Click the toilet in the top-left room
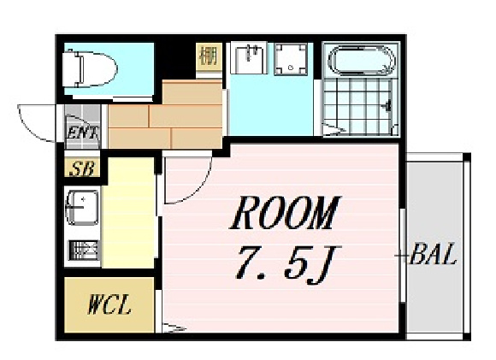coord(89,69)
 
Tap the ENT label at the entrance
coord(83,133)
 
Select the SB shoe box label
coord(81,168)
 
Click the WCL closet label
coord(109,304)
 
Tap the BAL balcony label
coord(433,254)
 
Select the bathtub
coord(362,61)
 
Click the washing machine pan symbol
coord(291,60)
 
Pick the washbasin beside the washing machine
coord(249,57)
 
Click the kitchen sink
coord(82,208)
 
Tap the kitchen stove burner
coord(84,250)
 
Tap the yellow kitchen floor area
coord(129,213)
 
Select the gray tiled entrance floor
coord(83,127)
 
